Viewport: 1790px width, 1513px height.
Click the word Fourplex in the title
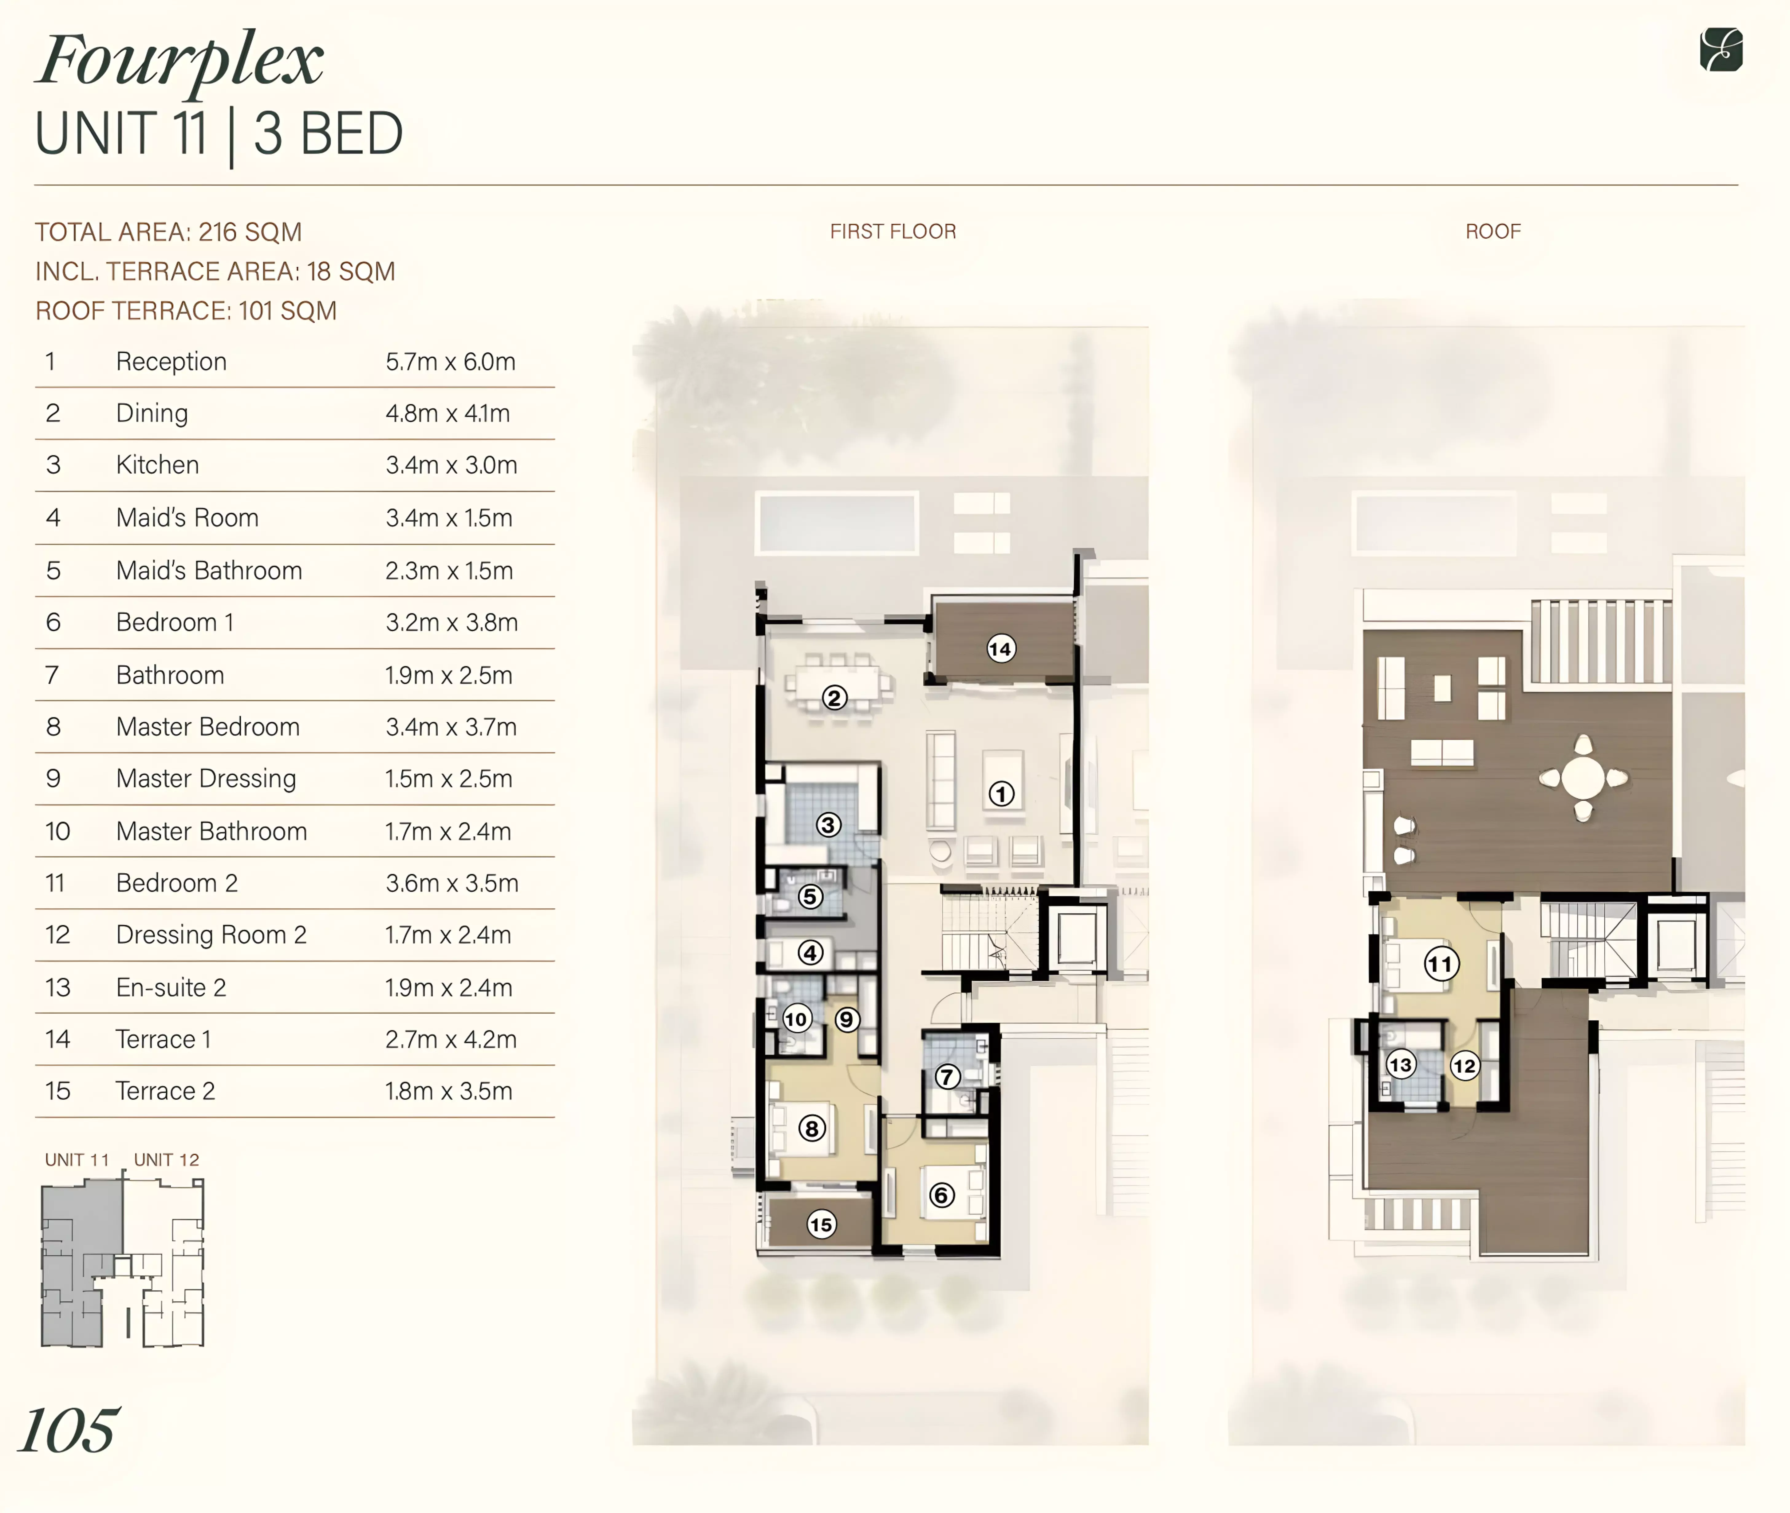(x=180, y=62)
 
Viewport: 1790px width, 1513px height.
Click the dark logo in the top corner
(x=1721, y=50)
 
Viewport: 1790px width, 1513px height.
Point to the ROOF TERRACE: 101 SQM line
(x=186, y=311)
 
